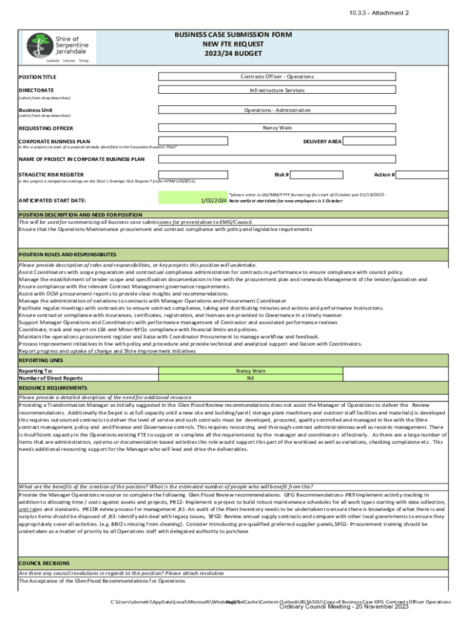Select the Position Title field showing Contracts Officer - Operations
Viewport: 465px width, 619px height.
(x=277, y=77)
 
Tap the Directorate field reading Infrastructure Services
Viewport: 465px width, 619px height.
(x=277, y=90)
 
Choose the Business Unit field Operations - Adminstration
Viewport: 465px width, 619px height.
(x=277, y=110)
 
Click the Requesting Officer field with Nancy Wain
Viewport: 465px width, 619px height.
(x=277, y=128)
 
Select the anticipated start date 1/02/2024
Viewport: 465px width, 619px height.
(x=213, y=200)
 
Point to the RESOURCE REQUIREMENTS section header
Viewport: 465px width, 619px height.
(x=53, y=387)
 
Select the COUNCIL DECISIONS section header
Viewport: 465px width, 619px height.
(x=45, y=562)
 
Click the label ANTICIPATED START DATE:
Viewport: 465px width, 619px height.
(x=53, y=200)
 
